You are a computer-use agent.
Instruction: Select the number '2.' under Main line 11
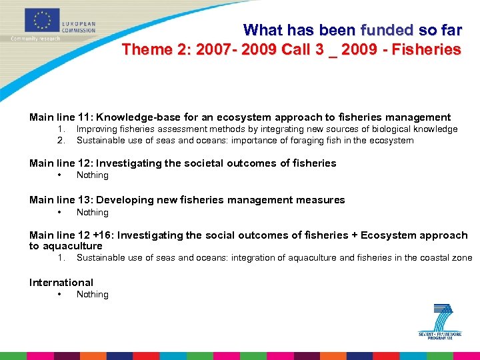(x=61, y=141)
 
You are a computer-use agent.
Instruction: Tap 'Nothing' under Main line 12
(x=92, y=175)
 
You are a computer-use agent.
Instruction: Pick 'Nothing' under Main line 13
(x=92, y=213)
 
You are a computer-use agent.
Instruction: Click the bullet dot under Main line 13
(x=61, y=213)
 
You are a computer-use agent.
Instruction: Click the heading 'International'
(x=61, y=283)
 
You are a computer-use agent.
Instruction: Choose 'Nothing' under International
(x=92, y=295)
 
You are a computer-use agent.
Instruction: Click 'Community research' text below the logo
(x=35, y=39)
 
